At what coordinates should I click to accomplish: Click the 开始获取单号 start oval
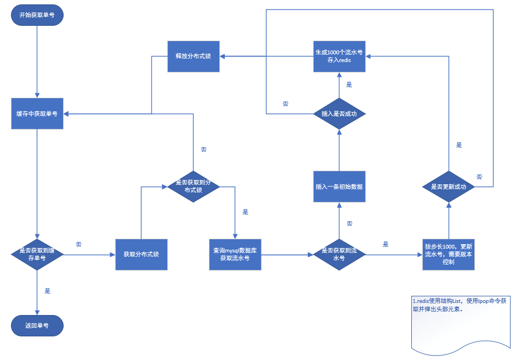click(x=37, y=15)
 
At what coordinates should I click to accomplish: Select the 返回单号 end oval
click(x=37, y=325)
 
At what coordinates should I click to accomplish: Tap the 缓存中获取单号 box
click(x=37, y=114)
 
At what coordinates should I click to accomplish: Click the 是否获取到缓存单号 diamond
click(x=37, y=254)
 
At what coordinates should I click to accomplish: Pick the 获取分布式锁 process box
click(x=141, y=254)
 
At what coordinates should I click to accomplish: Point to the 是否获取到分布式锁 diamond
click(x=193, y=186)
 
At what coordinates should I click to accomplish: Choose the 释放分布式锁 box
click(x=193, y=56)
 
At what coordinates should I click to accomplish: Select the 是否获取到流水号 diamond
click(x=339, y=254)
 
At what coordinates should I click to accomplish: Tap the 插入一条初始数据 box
click(x=339, y=186)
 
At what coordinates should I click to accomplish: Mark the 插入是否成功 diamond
click(x=339, y=114)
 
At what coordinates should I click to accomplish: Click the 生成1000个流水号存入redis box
click(x=339, y=56)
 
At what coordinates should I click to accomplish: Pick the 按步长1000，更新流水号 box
click(x=448, y=254)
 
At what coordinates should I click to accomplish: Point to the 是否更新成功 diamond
click(x=448, y=187)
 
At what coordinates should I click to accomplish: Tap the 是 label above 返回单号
click(x=47, y=291)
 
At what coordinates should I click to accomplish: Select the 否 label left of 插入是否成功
click(x=285, y=104)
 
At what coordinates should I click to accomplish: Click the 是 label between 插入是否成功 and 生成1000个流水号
click(x=349, y=85)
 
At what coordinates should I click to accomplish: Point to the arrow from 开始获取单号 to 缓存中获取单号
click(x=37, y=60)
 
